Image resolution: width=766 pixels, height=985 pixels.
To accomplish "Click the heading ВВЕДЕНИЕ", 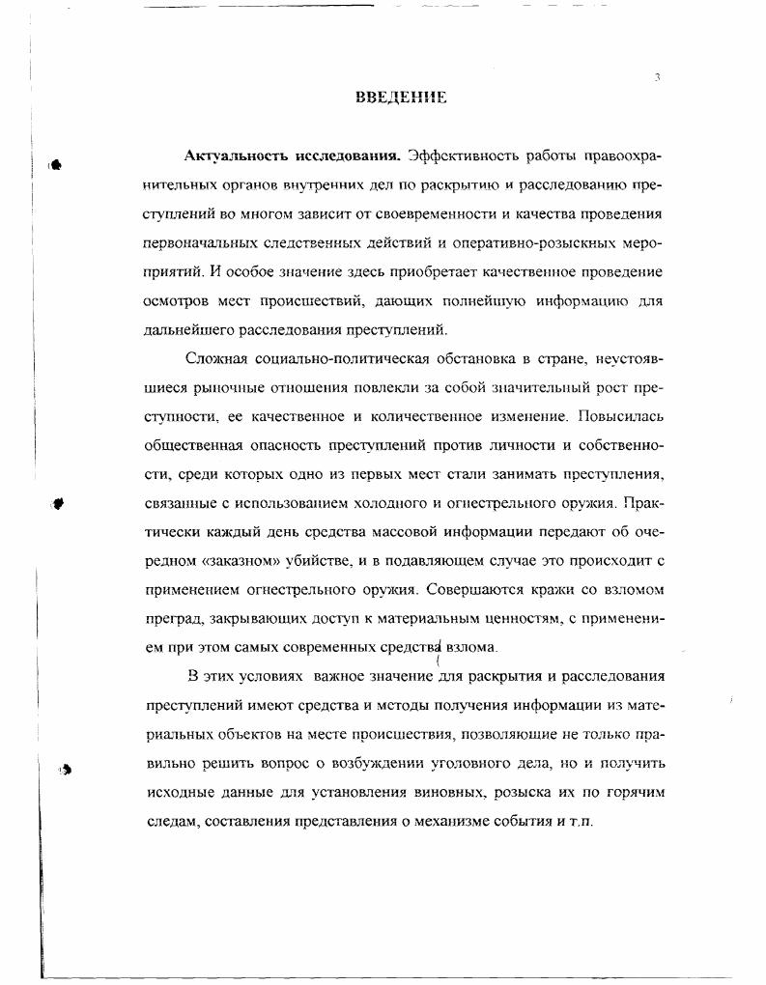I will pyautogui.click(x=401, y=98).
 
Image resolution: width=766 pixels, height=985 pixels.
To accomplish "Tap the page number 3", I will pyautogui.click(x=656, y=77).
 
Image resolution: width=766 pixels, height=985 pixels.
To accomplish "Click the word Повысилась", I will pyautogui.click(x=619, y=417).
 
